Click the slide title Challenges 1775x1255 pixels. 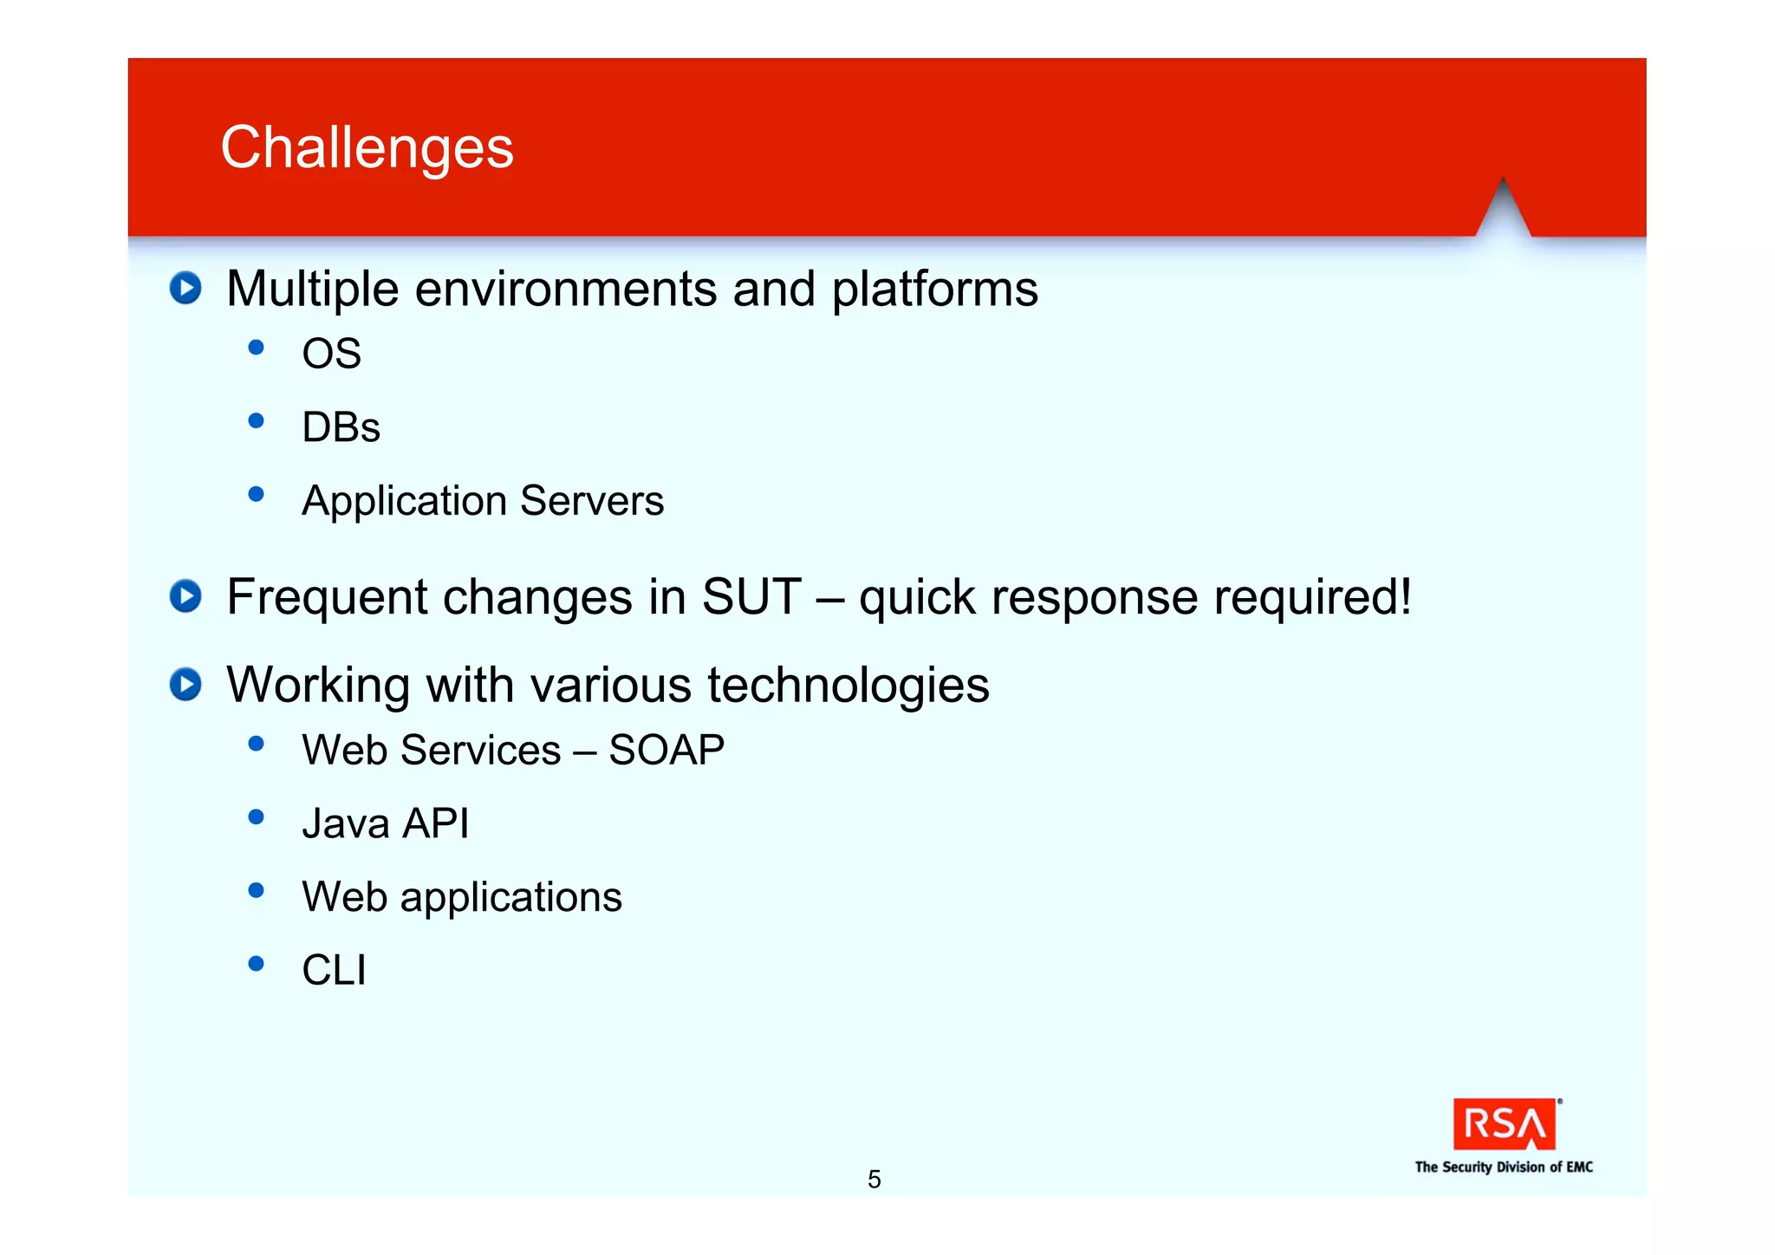[367, 147]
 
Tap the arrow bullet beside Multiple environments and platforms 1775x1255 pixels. [185, 288]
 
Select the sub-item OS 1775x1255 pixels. [331, 354]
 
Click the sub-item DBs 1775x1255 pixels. [341, 427]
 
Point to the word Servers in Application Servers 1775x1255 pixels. [592, 501]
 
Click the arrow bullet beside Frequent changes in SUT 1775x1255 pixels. [185, 596]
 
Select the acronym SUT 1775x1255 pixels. [751, 596]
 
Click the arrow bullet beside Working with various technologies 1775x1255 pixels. [185, 685]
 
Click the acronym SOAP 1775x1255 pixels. [666, 750]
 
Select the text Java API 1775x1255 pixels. [385, 823]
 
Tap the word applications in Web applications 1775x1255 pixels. [510, 898]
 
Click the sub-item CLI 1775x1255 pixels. [334, 970]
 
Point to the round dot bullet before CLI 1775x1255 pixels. [256, 964]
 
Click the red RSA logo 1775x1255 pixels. [1505, 1124]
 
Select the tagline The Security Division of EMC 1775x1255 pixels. [1504, 1167]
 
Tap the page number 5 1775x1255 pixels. [874, 1180]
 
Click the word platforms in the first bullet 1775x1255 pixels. [934, 289]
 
